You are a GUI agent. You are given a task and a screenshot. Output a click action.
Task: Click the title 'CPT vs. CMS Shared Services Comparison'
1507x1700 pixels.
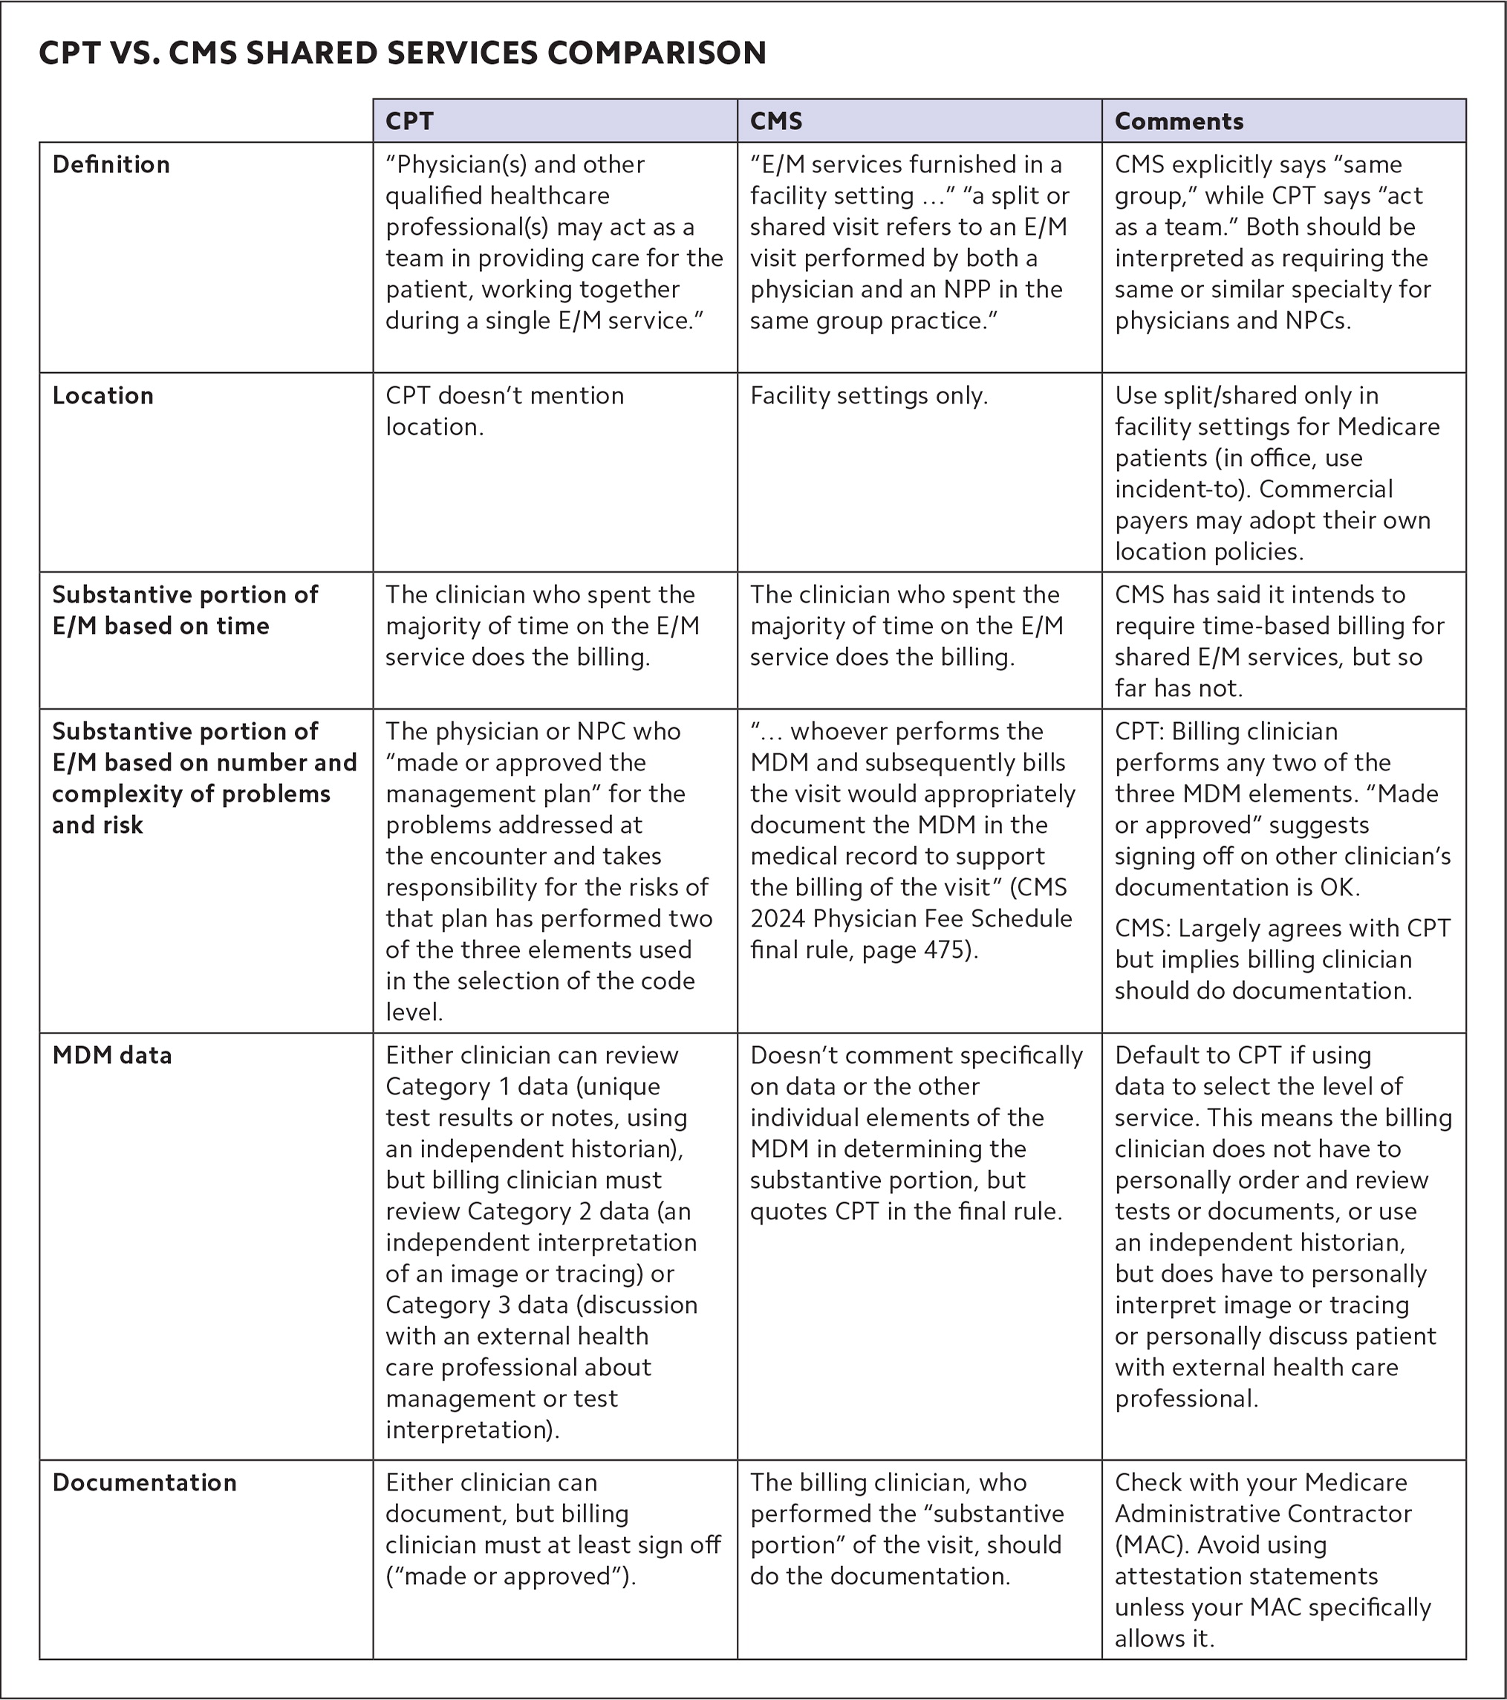[x=403, y=53]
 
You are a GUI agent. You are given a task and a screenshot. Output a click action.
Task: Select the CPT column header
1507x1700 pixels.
[x=409, y=121]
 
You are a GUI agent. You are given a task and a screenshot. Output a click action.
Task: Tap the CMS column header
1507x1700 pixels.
[x=775, y=121]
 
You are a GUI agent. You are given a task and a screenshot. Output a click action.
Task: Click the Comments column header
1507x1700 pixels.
[x=1179, y=121]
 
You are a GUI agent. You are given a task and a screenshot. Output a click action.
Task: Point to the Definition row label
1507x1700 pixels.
[x=111, y=165]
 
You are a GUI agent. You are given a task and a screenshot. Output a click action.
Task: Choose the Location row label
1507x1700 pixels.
[x=102, y=396]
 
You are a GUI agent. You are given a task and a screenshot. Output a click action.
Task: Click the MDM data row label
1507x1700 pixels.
[x=111, y=1055]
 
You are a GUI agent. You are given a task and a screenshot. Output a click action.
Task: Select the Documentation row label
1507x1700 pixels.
[x=144, y=1482]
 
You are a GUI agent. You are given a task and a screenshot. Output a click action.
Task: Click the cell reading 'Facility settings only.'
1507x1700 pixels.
[x=869, y=396]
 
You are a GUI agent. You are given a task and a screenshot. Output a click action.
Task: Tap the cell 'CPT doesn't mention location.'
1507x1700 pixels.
[x=504, y=411]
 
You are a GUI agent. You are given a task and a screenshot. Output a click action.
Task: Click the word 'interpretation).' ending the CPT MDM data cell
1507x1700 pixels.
[x=472, y=1430]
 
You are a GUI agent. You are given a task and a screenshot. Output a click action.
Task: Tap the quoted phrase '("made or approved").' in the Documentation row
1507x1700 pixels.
[x=510, y=1576]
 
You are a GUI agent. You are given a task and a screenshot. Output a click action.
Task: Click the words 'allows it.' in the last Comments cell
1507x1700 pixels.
[x=1165, y=1638]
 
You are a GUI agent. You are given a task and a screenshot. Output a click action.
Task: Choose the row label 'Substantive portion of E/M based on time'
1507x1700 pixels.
[x=184, y=611]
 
